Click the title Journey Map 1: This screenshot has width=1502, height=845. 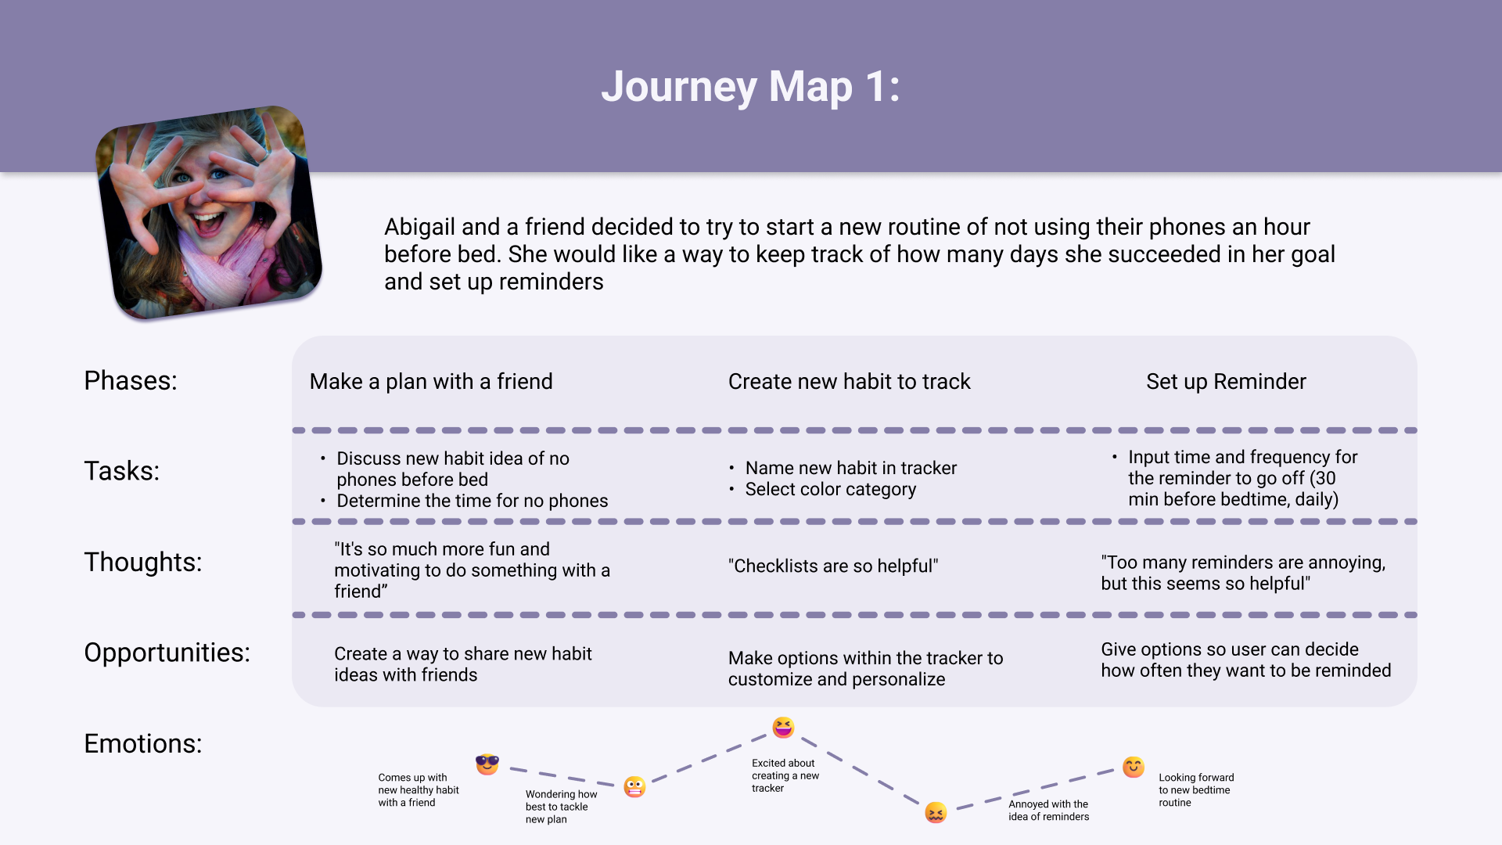[750, 86]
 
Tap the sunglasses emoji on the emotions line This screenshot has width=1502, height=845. [487, 764]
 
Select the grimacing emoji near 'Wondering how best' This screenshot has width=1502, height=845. [634, 786]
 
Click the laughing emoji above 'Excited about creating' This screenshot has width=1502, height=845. [783, 728]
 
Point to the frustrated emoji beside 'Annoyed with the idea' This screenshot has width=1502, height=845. [936, 812]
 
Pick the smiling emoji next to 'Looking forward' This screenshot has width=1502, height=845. [1133, 767]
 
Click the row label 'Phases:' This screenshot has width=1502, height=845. [131, 380]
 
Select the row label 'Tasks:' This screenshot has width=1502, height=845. [121, 471]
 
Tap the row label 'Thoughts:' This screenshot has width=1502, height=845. [142, 562]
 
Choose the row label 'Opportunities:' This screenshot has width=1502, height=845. [167, 653]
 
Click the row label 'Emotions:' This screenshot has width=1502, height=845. [142, 743]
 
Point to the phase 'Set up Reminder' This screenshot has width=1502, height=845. [1226, 381]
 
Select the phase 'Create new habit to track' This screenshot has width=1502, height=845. [849, 381]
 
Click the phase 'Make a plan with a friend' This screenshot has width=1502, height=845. [431, 381]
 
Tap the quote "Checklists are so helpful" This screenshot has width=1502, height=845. [833, 566]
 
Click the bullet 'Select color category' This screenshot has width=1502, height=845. [830, 489]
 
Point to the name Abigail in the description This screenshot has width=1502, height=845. [419, 227]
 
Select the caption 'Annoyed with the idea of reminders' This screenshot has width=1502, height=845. [1048, 810]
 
